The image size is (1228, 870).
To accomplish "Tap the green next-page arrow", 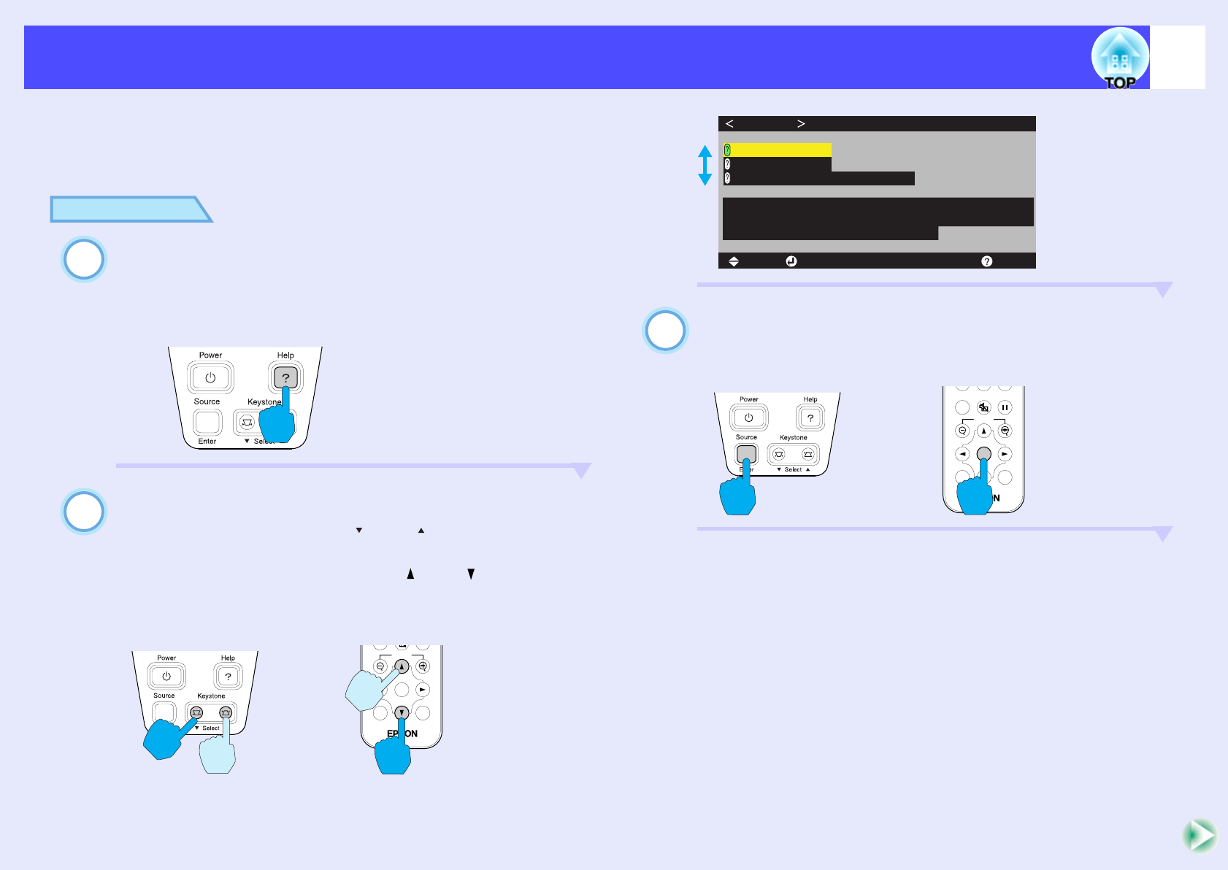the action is pyautogui.click(x=1200, y=836).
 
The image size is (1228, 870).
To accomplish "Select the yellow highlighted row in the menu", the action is pyautogui.click(x=778, y=150).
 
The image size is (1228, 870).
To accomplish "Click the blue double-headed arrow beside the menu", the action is pyautogui.click(x=705, y=165).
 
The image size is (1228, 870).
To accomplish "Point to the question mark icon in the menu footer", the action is pyautogui.click(x=986, y=261).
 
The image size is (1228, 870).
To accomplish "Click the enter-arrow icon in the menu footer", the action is pyautogui.click(x=791, y=261).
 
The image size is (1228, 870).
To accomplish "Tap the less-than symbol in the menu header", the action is pyautogui.click(x=729, y=123).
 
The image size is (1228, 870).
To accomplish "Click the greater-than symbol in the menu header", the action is pyautogui.click(x=801, y=123).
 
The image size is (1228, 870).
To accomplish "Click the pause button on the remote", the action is pyautogui.click(x=1005, y=408).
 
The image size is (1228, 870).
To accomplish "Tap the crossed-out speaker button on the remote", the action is pyautogui.click(x=983, y=408).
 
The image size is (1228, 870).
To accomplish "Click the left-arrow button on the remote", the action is pyautogui.click(x=963, y=454).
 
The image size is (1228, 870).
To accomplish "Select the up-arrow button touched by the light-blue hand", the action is pyautogui.click(x=402, y=666).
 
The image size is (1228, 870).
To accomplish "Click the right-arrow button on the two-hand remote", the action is pyautogui.click(x=422, y=690).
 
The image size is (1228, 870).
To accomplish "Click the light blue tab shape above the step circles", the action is pyautogui.click(x=128, y=209).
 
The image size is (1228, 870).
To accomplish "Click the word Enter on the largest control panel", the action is pyautogui.click(x=207, y=442).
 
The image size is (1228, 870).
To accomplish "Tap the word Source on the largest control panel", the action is pyautogui.click(x=207, y=401).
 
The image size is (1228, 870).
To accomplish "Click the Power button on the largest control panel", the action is pyautogui.click(x=210, y=378).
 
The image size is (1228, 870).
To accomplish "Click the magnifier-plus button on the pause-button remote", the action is pyautogui.click(x=1005, y=431).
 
